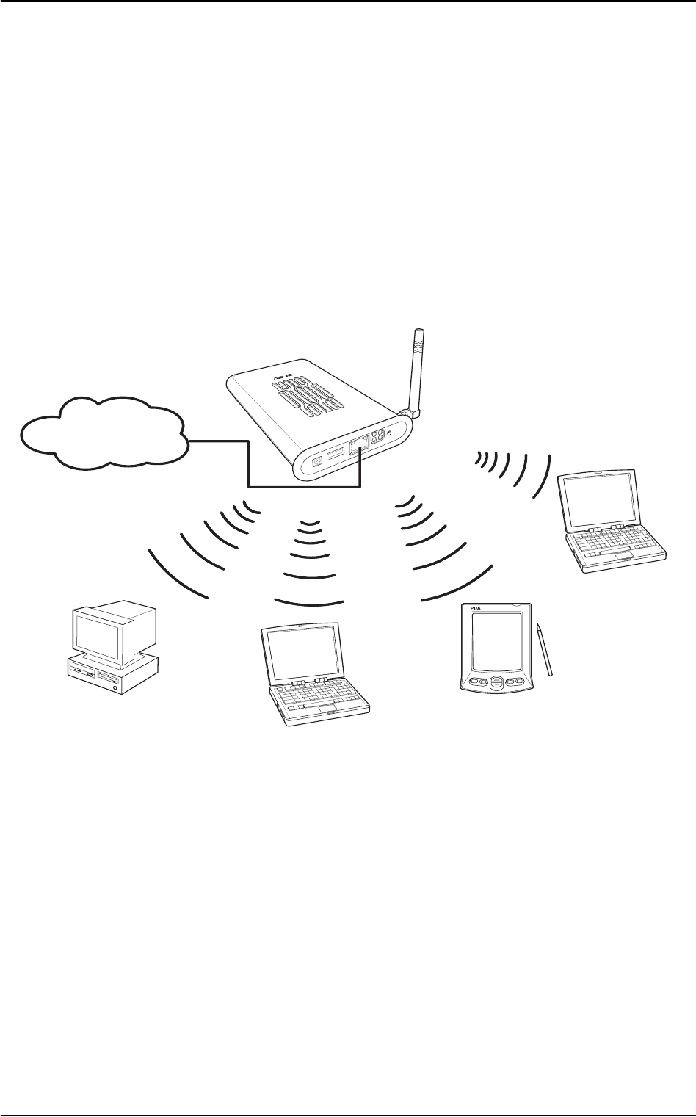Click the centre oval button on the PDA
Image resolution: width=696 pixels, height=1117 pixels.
pyautogui.click(x=496, y=682)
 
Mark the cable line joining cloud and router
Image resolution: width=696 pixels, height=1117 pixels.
pyautogui.click(x=250, y=470)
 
